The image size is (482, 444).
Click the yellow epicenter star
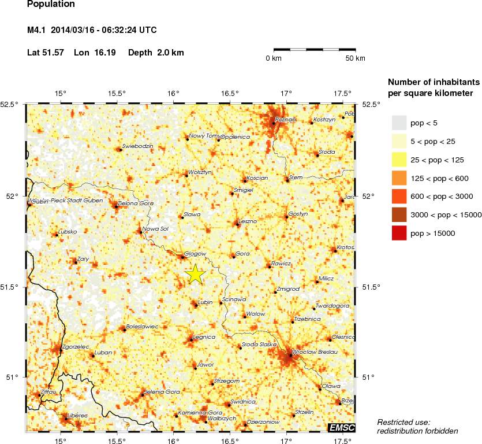(x=196, y=275)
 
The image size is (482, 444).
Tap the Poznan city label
(x=286, y=119)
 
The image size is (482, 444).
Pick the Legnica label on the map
(x=204, y=336)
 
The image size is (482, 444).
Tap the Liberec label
(x=77, y=415)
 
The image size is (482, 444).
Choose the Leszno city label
(x=248, y=221)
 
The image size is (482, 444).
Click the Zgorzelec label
(x=75, y=347)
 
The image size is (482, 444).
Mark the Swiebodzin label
(x=137, y=146)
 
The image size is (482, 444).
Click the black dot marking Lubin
(x=195, y=304)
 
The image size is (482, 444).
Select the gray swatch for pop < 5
(x=399, y=123)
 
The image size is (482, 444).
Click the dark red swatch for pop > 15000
(x=399, y=233)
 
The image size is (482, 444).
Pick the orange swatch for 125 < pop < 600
(x=399, y=178)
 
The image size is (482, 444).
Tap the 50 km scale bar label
(x=355, y=58)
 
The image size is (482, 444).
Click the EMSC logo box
(x=342, y=428)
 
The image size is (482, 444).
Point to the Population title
(x=51, y=4)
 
